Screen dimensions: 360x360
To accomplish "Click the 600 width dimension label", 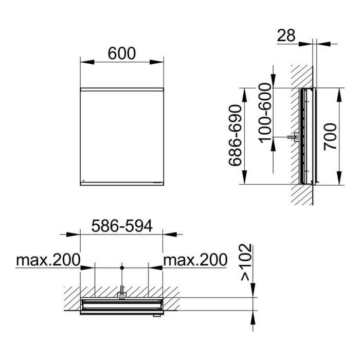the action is click(x=122, y=53).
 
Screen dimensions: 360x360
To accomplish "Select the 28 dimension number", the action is click(x=286, y=35).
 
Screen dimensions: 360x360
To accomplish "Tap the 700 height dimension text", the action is click(x=330, y=137).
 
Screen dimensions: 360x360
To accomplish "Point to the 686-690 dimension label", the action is click(x=236, y=135).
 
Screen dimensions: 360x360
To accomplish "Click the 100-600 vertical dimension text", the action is click(x=265, y=113).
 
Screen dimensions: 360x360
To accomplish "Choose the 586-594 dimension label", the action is click(x=122, y=226).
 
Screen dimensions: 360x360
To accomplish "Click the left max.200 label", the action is click(x=48, y=260).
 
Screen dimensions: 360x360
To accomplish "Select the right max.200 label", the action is click(x=195, y=260).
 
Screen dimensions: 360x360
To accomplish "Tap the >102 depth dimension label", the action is click(x=246, y=262).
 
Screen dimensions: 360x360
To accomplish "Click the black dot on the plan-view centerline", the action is click(x=122, y=268).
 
